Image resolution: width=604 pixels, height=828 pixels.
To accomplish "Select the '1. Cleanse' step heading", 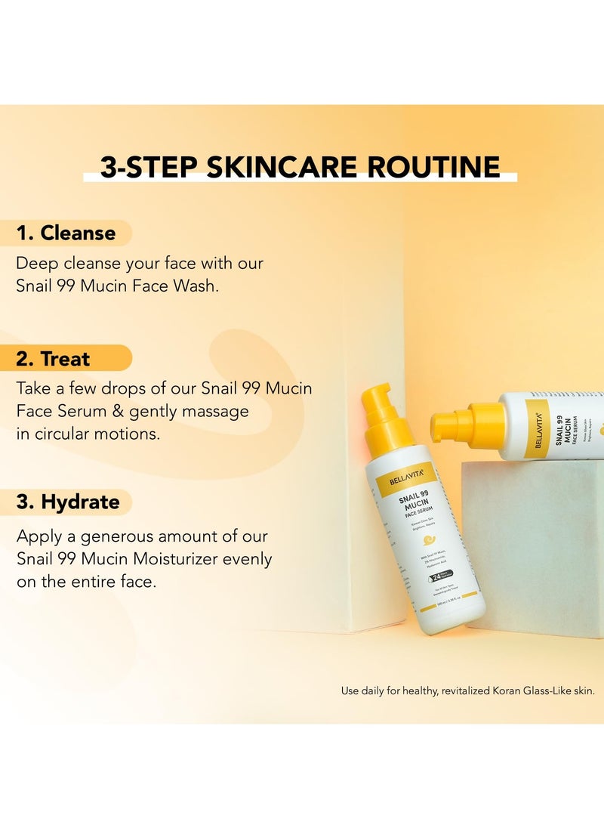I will click(66, 233).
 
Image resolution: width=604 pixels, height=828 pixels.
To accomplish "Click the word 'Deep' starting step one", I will click(37, 264).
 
